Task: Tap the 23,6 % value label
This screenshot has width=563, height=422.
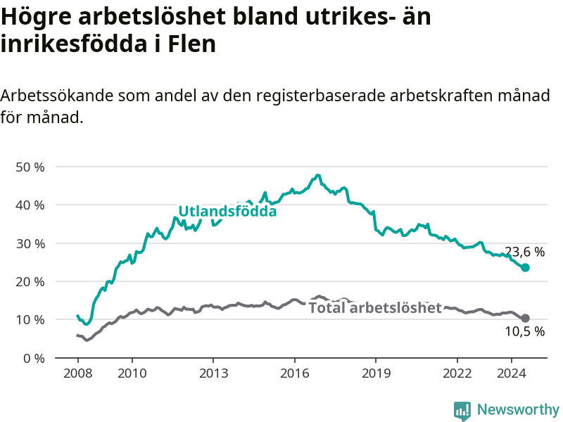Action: click(524, 252)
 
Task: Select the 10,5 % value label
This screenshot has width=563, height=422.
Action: click(524, 331)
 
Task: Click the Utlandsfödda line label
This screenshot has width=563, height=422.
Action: click(227, 212)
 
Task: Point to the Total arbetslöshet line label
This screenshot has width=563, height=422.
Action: click(375, 308)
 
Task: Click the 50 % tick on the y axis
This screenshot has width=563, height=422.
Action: click(30, 167)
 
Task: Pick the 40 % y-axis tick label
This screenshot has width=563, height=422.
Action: click(30, 205)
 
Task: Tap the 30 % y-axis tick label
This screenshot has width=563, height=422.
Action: click(30, 243)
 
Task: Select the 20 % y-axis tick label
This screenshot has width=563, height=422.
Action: click(30, 282)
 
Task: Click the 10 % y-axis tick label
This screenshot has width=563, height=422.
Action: click(30, 320)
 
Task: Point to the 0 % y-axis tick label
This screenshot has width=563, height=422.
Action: click(34, 358)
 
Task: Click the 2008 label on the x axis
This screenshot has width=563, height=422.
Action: click(77, 373)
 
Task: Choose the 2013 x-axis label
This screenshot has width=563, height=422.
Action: click(213, 373)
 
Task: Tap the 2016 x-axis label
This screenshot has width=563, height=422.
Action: click(294, 373)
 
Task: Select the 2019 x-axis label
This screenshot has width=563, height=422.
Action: click(376, 373)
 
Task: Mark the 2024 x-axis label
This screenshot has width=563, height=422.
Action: click(512, 373)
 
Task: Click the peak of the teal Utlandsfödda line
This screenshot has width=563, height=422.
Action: click(317, 175)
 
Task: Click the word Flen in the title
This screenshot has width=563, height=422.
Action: click(191, 44)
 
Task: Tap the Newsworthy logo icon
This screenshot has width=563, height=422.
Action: click(462, 411)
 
